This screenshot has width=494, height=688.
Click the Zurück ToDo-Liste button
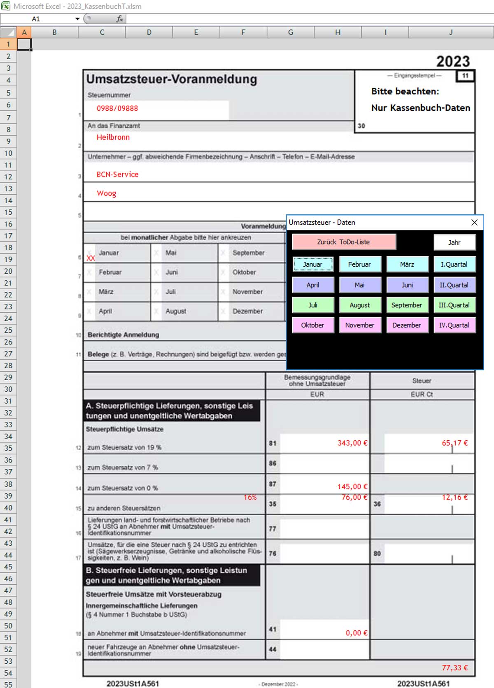pyautogui.click(x=344, y=242)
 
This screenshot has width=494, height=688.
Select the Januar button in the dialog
pyautogui.click(x=313, y=264)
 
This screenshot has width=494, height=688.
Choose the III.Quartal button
pyautogui.click(x=454, y=305)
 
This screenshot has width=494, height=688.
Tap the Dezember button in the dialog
pyautogui.click(x=406, y=325)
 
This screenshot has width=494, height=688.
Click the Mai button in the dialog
pyautogui.click(x=360, y=285)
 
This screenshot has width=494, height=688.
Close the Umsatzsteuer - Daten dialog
pyautogui.click(x=474, y=222)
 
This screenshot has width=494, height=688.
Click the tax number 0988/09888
pyautogui.click(x=117, y=109)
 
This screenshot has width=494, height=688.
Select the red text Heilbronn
pyautogui.click(x=113, y=137)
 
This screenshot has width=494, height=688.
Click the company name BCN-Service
pyautogui.click(x=118, y=174)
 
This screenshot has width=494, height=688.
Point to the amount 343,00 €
pyautogui.click(x=352, y=443)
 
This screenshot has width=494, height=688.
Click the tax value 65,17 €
pyautogui.click(x=454, y=443)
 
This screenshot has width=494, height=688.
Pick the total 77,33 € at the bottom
pyautogui.click(x=454, y=668)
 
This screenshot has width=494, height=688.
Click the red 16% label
pyautogui.click(x=250, y=497)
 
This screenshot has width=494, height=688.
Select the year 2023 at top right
pyautogui.click(x=453, y=62)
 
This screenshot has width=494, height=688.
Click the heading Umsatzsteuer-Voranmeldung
pyautogui.click(x=172, y=79)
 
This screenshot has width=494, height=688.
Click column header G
pyautogui.click(x=291, y=32)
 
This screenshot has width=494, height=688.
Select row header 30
pyautogui.click(x=8, y=389)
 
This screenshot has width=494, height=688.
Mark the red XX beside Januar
pyautogui.click(x=91, y=258)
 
